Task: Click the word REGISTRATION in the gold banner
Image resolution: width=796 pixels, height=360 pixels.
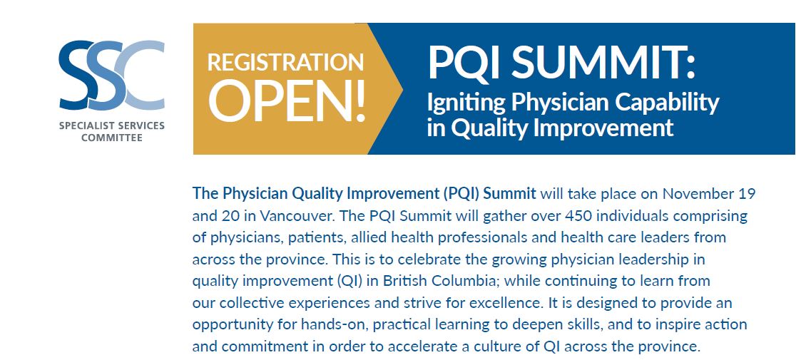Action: pyautogui.click(x=285, y=62)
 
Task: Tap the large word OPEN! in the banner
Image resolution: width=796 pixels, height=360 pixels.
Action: pyautogui.click(x=287, y=99)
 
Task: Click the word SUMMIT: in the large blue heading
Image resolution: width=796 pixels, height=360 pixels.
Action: pyautogui.click(x=604, y=62)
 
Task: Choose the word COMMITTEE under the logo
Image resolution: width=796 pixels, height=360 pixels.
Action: pyautogui.click(x=112, y=138)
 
